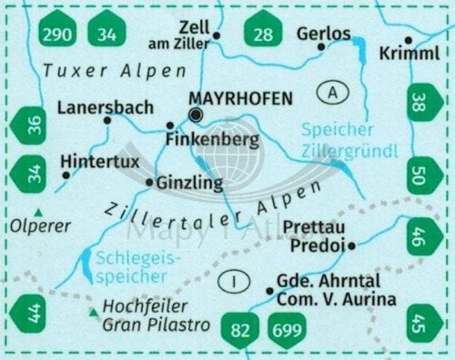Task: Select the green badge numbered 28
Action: click(263, 34)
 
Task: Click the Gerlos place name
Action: click(323, 34)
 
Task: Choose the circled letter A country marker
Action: click(334, 92)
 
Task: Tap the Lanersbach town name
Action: click(105, 107)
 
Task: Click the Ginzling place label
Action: click(190, 183)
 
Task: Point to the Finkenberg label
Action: click(212, 139)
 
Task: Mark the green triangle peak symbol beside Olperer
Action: click(37, 212)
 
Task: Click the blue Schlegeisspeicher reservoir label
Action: click(132, 267)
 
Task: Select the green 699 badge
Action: click(287, 332)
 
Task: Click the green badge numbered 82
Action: click(239, 332)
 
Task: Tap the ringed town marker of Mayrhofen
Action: click(195, 115)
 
